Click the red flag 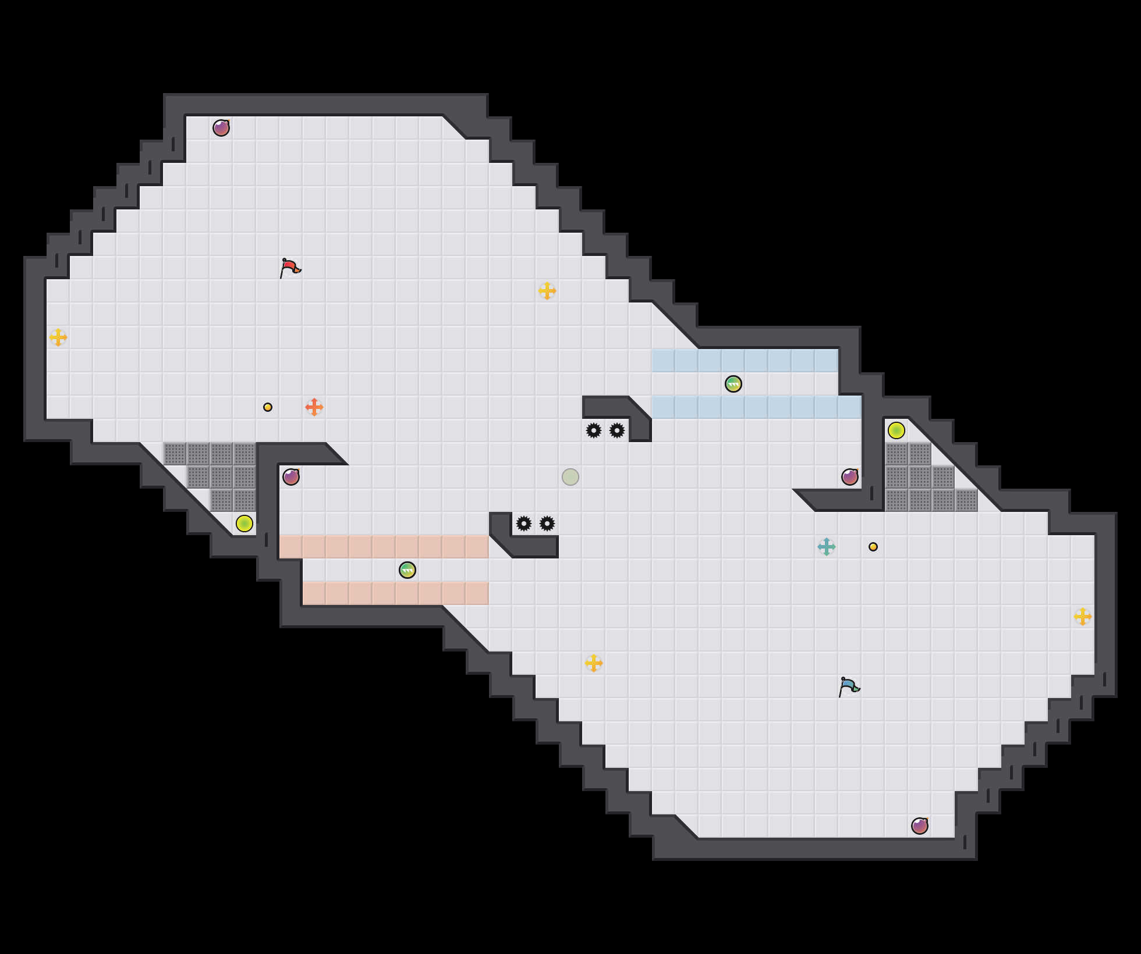point(289,268)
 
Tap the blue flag point(848,687)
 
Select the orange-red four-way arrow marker point(314,407)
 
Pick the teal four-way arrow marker point(827,547)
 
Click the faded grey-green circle point(570,477)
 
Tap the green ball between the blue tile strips point(733,384)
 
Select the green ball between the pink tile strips point(408,570)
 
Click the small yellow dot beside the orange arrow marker point(268,407)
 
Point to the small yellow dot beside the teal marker point(873,547)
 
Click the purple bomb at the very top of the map point(221,128)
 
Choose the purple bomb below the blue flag point(920,826)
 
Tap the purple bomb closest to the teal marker point(850,477)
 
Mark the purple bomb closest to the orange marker point(291,477)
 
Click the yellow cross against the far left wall point(58,337)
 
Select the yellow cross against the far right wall point(1083,617)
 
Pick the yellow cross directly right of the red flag point(547,291)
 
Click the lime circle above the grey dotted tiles point(897,430)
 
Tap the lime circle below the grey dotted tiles point(245,524)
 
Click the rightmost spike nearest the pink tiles point(547,524)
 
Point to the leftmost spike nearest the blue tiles point(594,430)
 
